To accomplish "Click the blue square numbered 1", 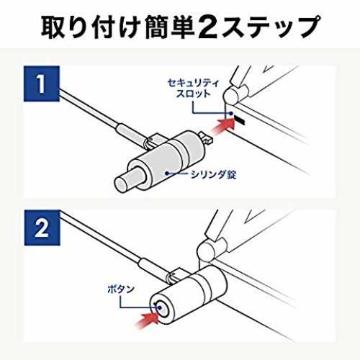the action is [42, 84].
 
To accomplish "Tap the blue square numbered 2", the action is [42, 228].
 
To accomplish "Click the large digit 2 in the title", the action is [208, 27].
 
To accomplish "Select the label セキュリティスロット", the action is [193, 88].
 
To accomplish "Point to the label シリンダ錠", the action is [213, 174].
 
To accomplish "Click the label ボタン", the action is [121, 289].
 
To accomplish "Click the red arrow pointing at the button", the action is [147, 320].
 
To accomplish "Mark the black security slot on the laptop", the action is [240, 120].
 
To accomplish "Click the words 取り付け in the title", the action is [90, 27].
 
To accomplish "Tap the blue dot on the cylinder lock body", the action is [167, 173].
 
